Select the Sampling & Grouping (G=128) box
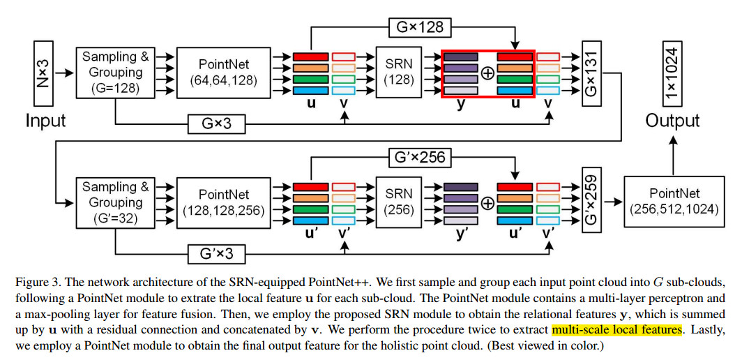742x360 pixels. [115, 73]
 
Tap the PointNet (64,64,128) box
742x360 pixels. [224, 73]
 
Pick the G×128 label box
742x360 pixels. [417, 27]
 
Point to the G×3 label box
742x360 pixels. [217, 124]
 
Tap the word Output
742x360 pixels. [672, 121]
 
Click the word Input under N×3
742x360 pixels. [45, 121]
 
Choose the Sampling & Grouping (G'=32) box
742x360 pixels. [115, 203]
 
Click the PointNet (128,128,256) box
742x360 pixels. [224, 203]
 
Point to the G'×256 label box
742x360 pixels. [417, 157]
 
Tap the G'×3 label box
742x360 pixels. [217, 253]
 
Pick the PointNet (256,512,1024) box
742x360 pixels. [674, 203]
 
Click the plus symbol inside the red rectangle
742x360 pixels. [487, 73]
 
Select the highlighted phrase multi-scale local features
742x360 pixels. [616, 329]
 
